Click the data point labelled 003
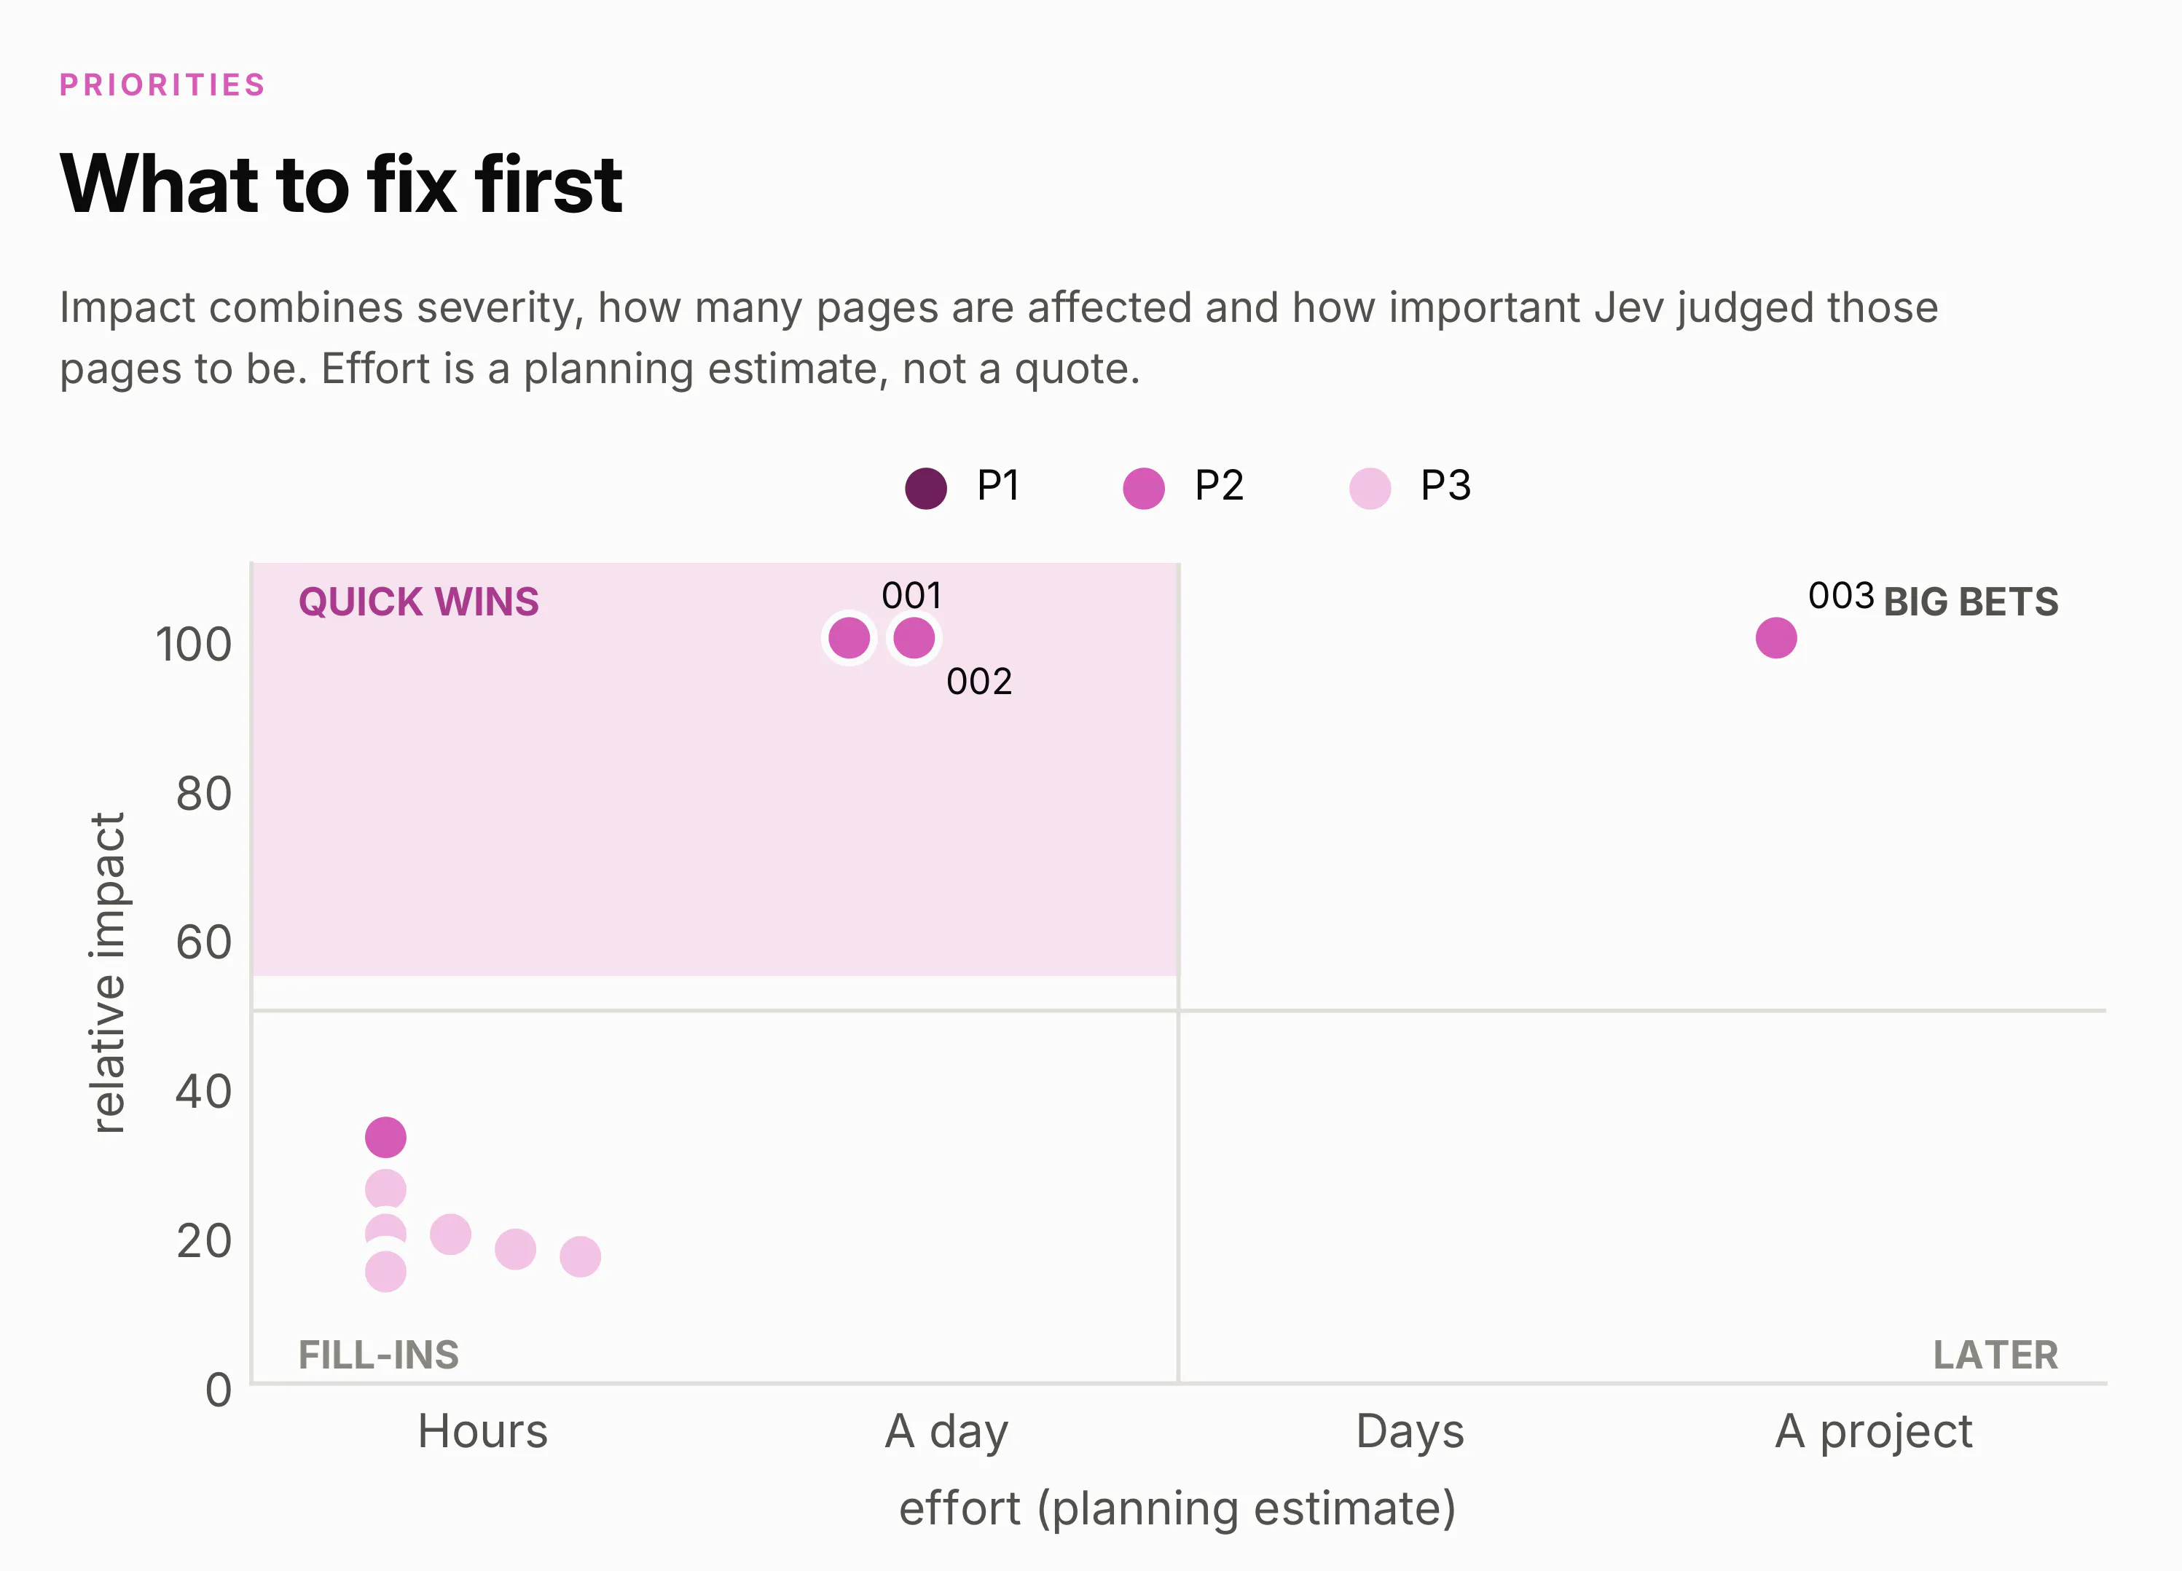point(1776,638)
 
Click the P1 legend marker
point(925,488)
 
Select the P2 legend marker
point(1144,488)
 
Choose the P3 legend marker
point(1370,488)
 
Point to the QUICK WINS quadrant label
point(418,602)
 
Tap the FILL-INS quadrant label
point(379,1355)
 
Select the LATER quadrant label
point(1996,1355)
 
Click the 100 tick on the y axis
point(193,645)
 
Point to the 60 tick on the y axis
point(204,942)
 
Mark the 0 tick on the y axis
point(219,1391)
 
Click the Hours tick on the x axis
point(483,1431)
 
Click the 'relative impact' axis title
point(108,972)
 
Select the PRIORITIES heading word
point(162,84)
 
